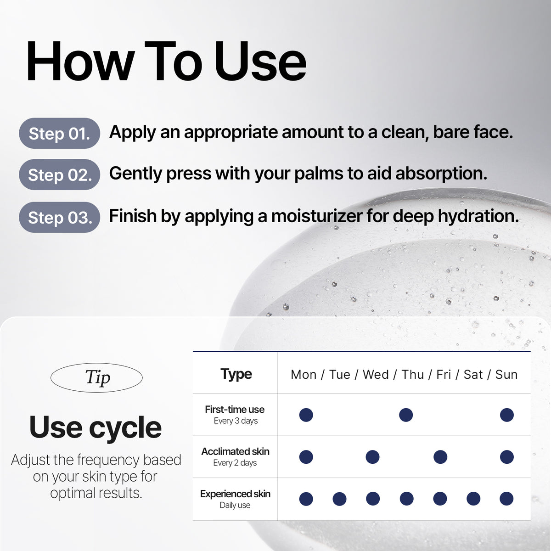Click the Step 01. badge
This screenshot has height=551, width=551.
60,133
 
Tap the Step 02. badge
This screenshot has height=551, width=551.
60,174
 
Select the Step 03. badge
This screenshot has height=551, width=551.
60,217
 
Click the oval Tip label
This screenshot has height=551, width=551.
96,377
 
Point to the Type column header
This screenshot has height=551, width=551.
236,374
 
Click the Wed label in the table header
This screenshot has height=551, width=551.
376,375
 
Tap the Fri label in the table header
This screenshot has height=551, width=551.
444,375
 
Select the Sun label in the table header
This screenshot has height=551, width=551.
506,375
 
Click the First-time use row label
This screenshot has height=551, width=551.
235,410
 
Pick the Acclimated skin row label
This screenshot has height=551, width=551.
236,451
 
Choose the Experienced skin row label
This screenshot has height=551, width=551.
236,494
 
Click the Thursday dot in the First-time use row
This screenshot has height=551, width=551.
406,415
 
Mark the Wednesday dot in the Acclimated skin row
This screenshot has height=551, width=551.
372,457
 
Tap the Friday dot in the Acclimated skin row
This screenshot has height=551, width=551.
440,457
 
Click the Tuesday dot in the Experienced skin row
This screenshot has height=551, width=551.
340,499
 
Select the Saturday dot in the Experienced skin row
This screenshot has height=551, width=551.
473,499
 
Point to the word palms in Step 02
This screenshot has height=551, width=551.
319,174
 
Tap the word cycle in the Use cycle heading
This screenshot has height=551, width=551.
125,428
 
